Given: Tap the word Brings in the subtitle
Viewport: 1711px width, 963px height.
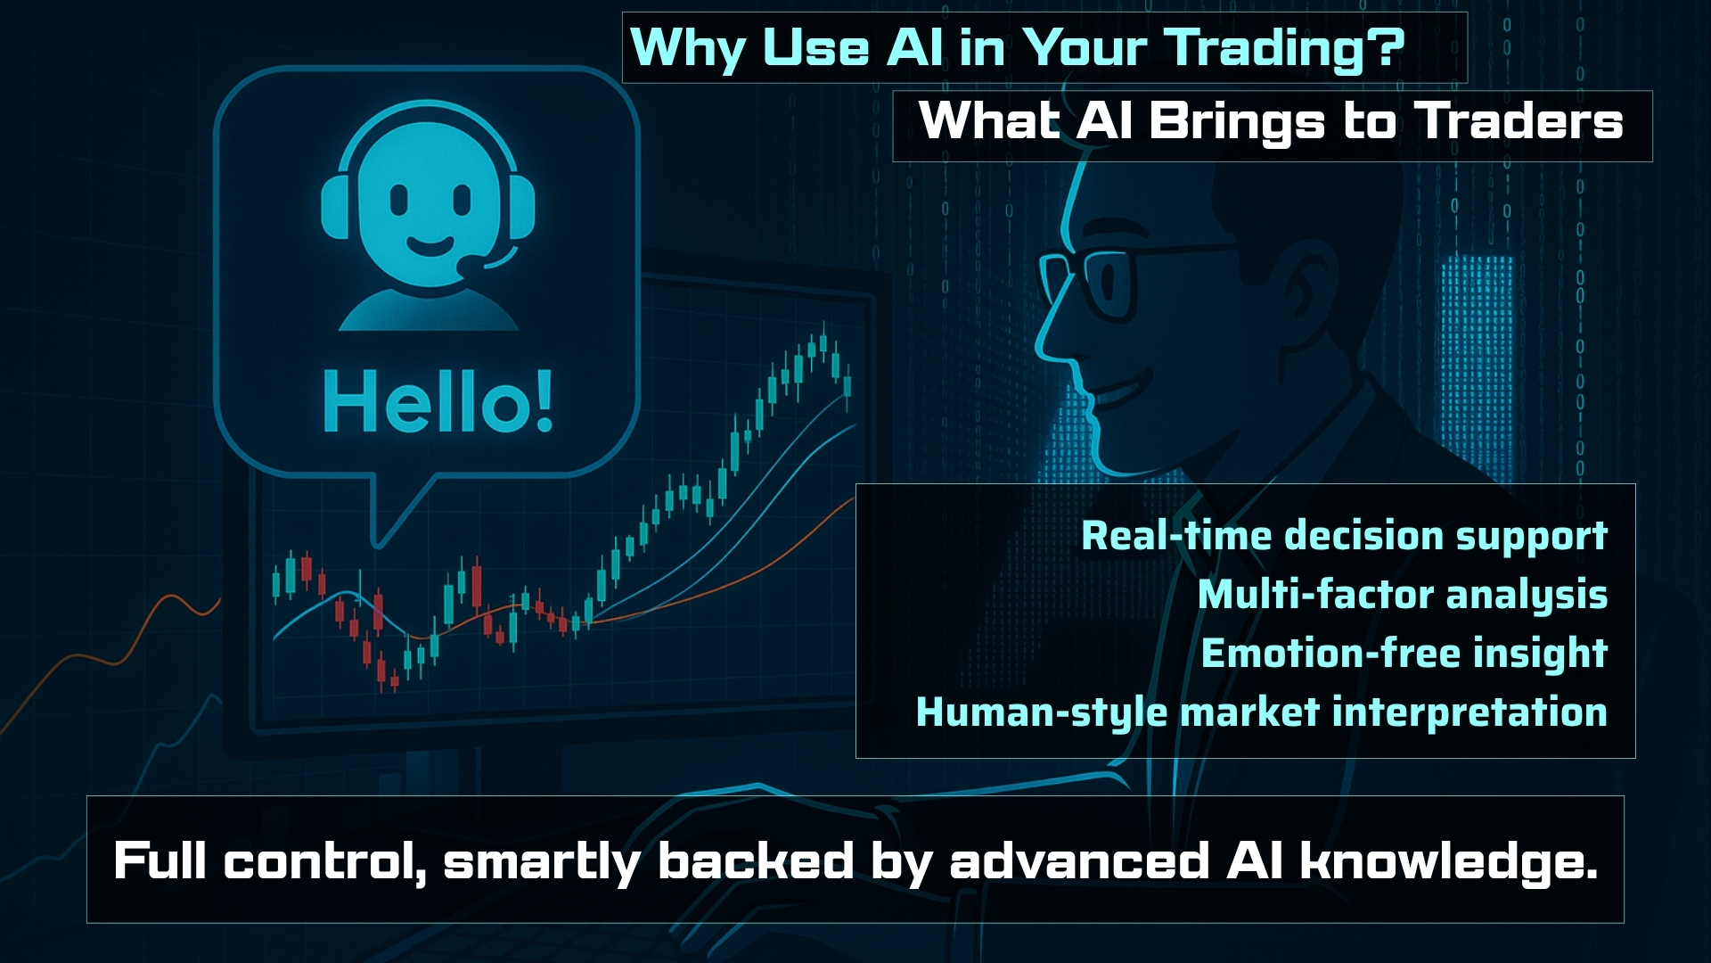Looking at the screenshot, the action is point(1236,122).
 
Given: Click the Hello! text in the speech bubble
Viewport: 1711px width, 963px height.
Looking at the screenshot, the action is point(438,402).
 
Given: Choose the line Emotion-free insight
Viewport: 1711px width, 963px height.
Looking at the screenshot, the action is point(1404,654).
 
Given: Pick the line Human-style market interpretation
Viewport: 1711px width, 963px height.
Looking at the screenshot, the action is point(1262,712).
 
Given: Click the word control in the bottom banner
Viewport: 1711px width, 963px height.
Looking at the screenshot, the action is point(324,861).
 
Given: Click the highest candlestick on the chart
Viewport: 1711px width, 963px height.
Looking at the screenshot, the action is point(823,342).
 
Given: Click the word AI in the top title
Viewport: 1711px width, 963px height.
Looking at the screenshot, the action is point(914,48).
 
